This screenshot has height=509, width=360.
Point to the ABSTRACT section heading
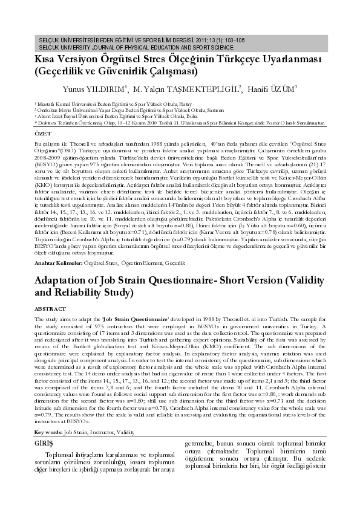(50, 308)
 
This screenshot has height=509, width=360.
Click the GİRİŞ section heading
(44, 443)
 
